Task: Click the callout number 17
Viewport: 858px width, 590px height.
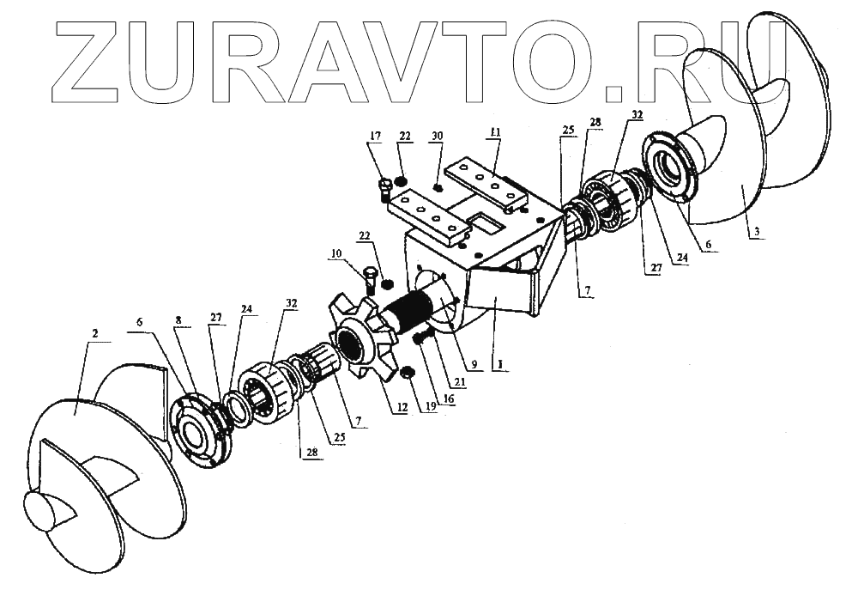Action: tap(375, 135)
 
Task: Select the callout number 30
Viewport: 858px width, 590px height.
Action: tap(437, 136)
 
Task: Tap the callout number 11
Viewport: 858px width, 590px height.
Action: tap(494, 132)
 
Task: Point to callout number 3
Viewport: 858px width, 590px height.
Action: tap(754, 231)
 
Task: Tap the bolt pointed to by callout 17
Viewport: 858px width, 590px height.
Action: tap(385, 186)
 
